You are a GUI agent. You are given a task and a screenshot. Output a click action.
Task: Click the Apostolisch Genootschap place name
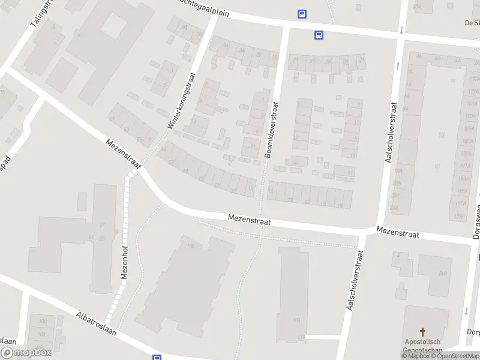[x=423, y=346]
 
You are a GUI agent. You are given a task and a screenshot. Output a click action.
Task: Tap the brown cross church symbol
[x=423, y=332]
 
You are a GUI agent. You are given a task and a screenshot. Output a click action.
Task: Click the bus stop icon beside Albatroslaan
[x=157, y=358]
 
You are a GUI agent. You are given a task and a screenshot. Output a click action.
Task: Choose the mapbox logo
[x=26, y=353]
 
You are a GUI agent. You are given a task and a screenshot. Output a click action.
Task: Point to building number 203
[x=443, y=274]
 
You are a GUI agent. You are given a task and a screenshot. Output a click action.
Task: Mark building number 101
[x=296, y=320]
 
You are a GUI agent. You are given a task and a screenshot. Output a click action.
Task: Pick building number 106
[x=191, y=246]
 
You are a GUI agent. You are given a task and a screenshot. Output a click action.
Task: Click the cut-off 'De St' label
[x=472, y=23]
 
